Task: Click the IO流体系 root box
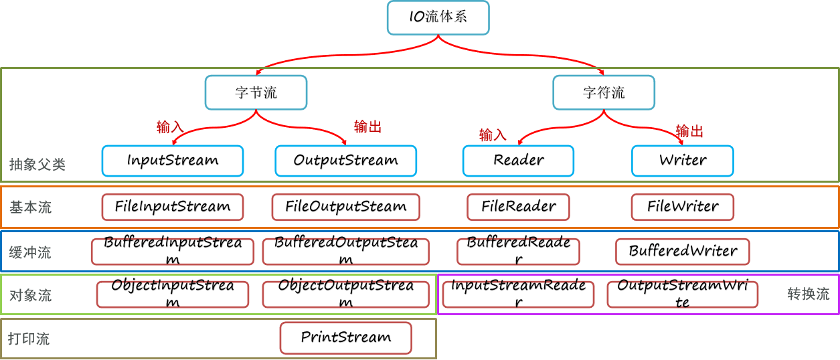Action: point(438,17)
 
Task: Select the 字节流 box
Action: point(256,92)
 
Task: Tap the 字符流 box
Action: point(604,92)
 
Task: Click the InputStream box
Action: point(173,161)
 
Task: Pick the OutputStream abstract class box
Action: point(345,161)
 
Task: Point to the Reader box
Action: point(518,161)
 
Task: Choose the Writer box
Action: point(683,161)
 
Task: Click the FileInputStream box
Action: point(173,207)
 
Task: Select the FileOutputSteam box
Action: point(345,207)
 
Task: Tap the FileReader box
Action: point(518,207)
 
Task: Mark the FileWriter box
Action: point(683,207)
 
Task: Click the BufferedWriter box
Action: point(683,252)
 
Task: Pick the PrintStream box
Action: point(345,338)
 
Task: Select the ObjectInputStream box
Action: point(173,294)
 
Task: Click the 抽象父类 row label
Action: point(37,165)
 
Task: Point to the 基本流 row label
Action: point(30,207)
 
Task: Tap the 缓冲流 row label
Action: point(30,253)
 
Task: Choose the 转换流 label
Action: point(809,294)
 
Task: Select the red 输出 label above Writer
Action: point(689,131)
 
